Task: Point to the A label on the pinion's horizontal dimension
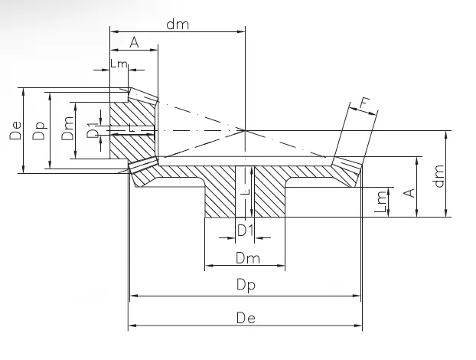134,42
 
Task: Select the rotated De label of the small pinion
15,129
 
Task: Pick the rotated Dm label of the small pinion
67,130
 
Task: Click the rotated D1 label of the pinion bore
92,130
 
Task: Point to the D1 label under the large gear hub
245,229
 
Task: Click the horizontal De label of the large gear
245,316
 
